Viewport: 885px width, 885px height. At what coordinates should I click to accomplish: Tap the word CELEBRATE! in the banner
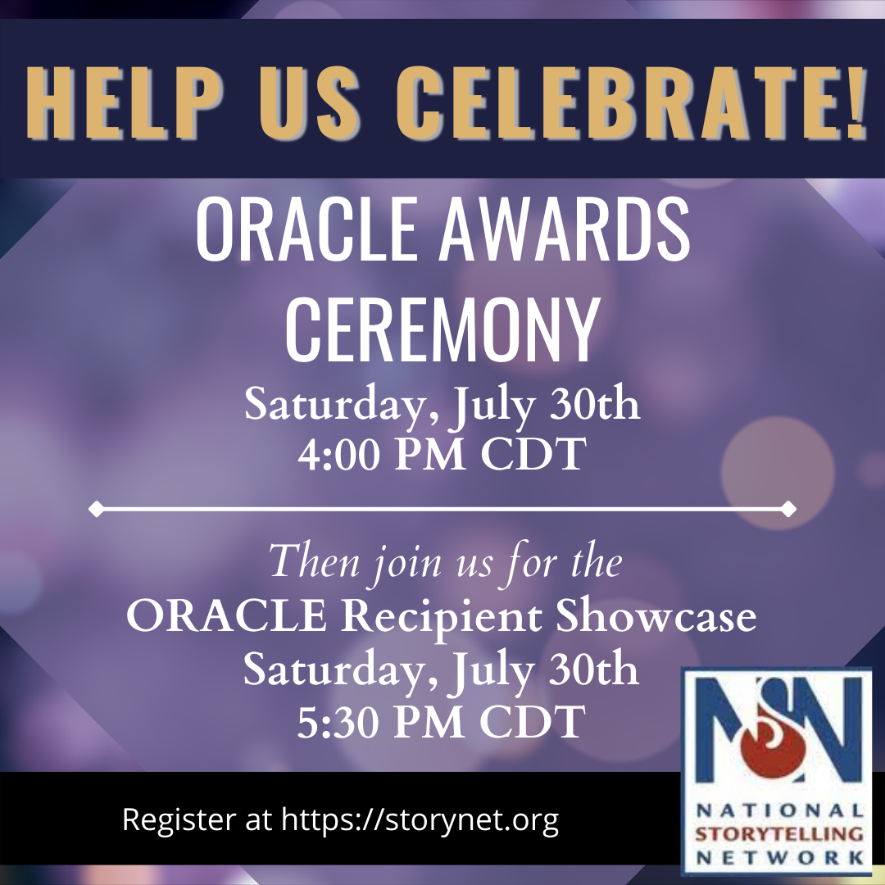click(631, 102)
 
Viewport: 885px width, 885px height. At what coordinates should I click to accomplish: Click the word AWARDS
click(565, 229)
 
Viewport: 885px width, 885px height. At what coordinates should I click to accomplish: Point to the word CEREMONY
click(442, 329)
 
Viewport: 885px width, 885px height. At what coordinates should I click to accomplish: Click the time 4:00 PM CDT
click(442, 454)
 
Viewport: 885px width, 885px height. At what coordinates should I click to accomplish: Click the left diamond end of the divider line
click(96, 509)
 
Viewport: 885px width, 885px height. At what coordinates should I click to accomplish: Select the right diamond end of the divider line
click(788, 509)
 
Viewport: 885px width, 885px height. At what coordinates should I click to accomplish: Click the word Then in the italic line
click(315, 561)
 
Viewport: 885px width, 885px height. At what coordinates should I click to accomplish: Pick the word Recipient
click(441, 616)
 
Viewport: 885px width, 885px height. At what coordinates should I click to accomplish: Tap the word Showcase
click(656, 615)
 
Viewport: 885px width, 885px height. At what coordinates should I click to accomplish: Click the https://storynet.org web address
click(420, 819)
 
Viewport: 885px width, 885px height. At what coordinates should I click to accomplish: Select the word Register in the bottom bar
click(179, 820)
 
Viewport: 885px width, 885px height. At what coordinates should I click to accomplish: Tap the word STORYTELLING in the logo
click(779, 834)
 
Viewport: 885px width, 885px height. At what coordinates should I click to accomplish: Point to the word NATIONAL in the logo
click(779, 810)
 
